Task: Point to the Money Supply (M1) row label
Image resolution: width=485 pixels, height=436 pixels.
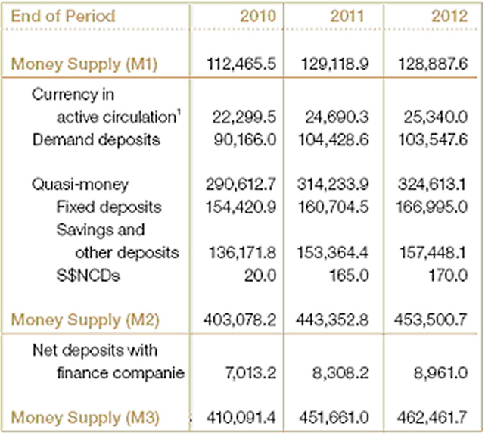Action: click(x=85, y=64)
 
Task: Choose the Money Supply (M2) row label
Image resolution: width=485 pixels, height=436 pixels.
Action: click(x=85, y=320)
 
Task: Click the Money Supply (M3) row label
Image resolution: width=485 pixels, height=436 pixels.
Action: click(x=85, y=418)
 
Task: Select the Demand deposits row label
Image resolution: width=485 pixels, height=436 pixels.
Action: click(x=96, y=140)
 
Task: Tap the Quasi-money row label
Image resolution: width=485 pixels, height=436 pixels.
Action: click(x=80, y=185)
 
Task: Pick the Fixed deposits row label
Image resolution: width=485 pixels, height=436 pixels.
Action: click(x=109, y=207)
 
